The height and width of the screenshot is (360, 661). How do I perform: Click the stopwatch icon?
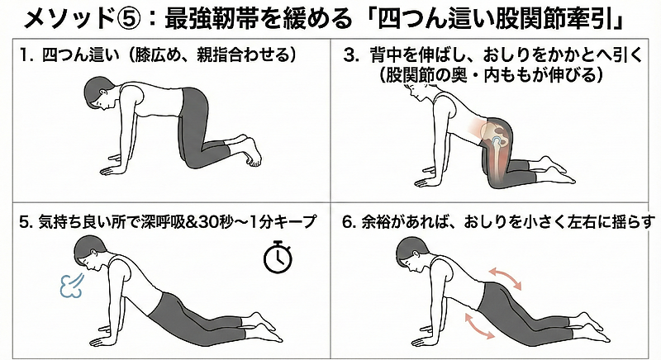pyautogui.click(x=278, y=256)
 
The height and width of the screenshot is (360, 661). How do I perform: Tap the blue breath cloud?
pyautogui.click(x=72, y=287)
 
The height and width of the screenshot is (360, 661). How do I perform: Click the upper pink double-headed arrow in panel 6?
pyautogui.click(x=505, y=278)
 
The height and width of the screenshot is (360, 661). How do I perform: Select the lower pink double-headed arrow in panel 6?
pyautogui.click(x=480, y=325)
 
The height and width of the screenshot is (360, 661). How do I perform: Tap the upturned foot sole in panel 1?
pyautogui.click(x=252, y=152)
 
